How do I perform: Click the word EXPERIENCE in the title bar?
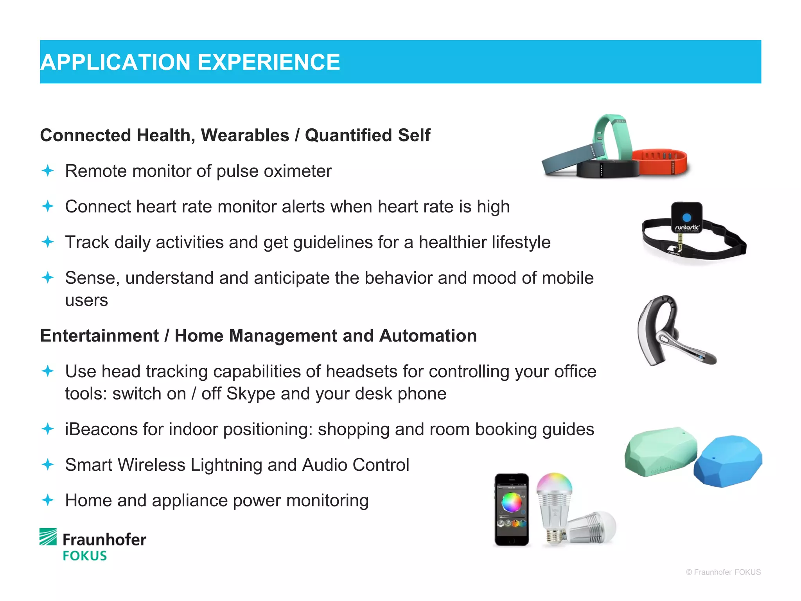269,63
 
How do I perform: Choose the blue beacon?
728,461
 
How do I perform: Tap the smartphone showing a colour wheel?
512,509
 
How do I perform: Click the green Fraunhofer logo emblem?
48,536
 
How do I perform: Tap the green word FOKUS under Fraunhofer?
85,556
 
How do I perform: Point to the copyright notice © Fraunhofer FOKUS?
723,572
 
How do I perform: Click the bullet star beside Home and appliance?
48,500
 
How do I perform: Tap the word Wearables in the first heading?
245,135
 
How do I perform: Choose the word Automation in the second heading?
428,336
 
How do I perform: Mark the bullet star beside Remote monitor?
48,171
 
